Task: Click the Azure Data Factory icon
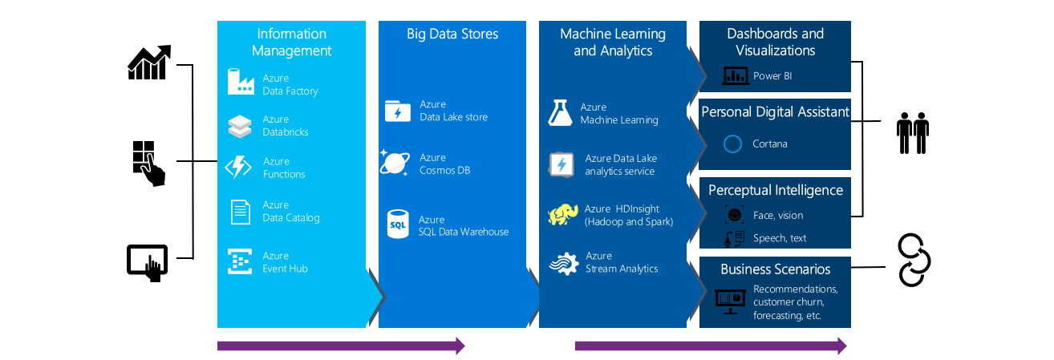[241, 83]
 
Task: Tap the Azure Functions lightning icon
[239, 167]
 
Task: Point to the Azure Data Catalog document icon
[241, 211]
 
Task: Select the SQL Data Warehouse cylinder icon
[398, 224]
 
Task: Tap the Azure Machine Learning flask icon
[560, 113]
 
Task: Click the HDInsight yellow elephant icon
[563, 215]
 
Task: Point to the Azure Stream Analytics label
[622, 262]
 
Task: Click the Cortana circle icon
[732, 144]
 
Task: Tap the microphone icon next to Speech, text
[731, 238]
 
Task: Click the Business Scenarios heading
[775, 269]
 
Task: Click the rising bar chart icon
[150, 63]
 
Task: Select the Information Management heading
[291, 42]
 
